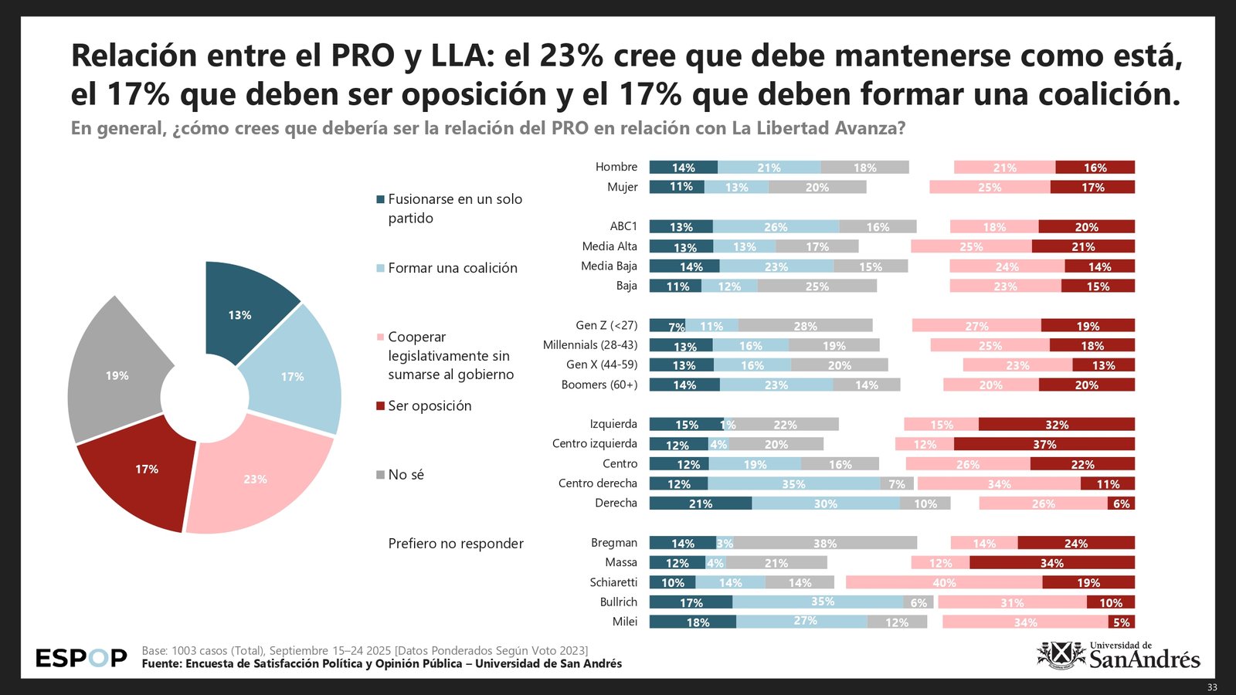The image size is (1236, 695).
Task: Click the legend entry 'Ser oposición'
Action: click(x=429, y=406)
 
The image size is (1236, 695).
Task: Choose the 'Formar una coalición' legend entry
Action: click(x=452, y=268)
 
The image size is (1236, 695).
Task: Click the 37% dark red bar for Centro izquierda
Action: click(x=1044, y=444)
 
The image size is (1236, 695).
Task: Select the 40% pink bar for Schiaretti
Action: click(x=944, y=582)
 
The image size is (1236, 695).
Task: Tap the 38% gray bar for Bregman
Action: click(x=824, y=543)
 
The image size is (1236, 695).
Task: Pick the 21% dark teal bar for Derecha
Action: click(x=700, y=503)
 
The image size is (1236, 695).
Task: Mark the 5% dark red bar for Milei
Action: click(x=1122, y=622)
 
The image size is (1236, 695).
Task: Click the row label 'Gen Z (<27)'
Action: click(x=606, y=325)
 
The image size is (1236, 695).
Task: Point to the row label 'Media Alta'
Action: click(x=610, y=246)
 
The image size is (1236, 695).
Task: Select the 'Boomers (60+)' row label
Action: click(x=599, y=385)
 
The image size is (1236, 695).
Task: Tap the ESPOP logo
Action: click(x=81, y=658)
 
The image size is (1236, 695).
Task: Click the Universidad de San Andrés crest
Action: click(x=1061, y=655)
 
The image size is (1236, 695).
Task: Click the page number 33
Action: click(x=1211, y=687)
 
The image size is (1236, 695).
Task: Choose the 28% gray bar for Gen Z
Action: click(x=805, y=326)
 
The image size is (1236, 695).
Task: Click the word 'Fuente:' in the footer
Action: click(x=161, y=663)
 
